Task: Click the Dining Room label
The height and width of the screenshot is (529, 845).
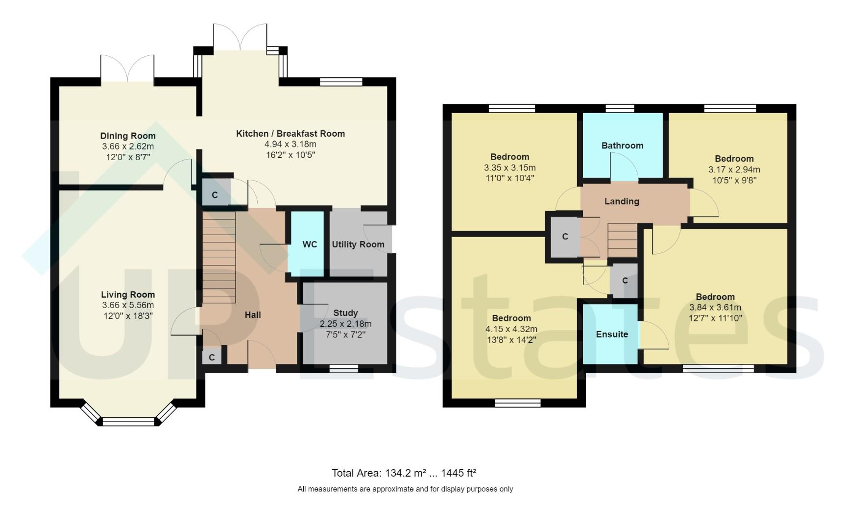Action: click(x=128, y=136)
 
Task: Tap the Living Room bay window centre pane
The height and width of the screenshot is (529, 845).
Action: click(x=128, y=421)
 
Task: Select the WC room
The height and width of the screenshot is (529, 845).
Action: click(x=307, y=243)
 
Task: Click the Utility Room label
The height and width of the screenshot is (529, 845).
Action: click(x=358, y=244)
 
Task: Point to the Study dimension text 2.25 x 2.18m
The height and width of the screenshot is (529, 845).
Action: click(x=345, y=324)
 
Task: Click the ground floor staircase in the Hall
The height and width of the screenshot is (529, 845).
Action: click(x=219, y=257)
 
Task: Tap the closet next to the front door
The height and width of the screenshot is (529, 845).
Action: click(x=212, y=357)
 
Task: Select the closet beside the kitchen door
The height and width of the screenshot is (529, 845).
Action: click(x=215, y=194)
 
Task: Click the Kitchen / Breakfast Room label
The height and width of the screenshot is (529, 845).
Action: click(x=290, y=133)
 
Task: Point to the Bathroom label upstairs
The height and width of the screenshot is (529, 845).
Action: click(x=622, y=145)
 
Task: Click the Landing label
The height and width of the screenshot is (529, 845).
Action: click(x=621, y=201)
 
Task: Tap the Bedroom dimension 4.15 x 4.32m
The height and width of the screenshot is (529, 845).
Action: click(x=511, y=329)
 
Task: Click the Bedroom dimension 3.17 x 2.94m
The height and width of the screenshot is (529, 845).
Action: click(x=734, y=169)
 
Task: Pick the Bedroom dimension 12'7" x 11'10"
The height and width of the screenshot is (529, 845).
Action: click(x=715, y=318)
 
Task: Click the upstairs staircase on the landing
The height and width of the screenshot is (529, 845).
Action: click(x=622, y=240)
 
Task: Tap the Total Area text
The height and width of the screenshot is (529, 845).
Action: click(x=404, y=473)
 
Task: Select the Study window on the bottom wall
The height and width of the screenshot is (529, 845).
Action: click(x=343, y=368)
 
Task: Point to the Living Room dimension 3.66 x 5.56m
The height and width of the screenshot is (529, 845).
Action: click(x=128, y=305)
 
